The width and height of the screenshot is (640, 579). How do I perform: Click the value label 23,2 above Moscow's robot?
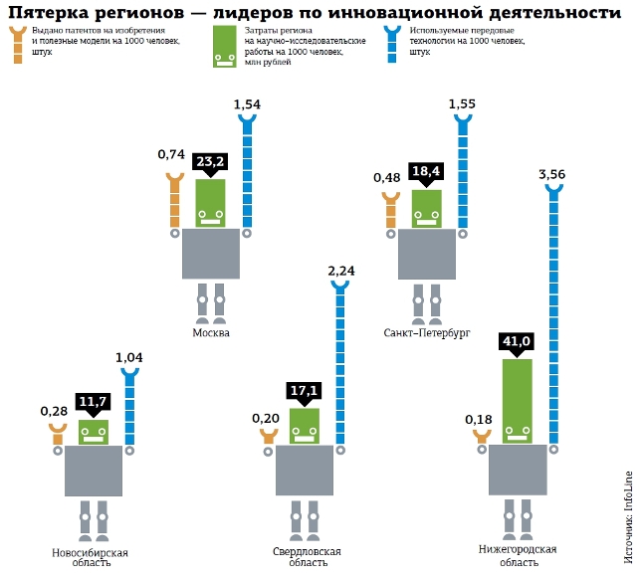point(210,161)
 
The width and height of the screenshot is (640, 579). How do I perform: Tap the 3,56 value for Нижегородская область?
point(551,175)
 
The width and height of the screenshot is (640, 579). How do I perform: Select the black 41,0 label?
point(517,341)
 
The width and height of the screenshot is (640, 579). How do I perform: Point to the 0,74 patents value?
point(171,154)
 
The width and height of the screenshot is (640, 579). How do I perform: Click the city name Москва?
point(211,333)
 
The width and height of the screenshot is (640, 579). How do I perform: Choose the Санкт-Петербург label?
point(427,333)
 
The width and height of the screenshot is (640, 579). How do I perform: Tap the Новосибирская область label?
point(91,557)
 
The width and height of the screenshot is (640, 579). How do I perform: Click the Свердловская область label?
point(307,557)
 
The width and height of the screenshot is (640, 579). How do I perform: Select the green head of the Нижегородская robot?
point(518,401)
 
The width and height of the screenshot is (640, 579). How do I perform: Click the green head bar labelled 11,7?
point(94,432)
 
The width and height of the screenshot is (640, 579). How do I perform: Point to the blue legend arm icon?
point(392,45)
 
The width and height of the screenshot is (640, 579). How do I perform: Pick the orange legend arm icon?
point(18,45)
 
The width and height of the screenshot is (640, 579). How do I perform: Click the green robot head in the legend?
point(225,47)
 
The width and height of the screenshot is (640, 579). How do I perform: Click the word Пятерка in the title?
point(48,13)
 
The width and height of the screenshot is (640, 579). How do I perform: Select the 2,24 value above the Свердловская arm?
point(341,271)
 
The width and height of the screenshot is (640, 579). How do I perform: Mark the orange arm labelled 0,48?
point(390,210)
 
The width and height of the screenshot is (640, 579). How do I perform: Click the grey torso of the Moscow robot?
point(211,254)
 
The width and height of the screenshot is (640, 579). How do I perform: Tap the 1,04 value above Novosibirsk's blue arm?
point(129,358)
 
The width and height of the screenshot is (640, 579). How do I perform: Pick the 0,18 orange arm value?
point(479,420)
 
